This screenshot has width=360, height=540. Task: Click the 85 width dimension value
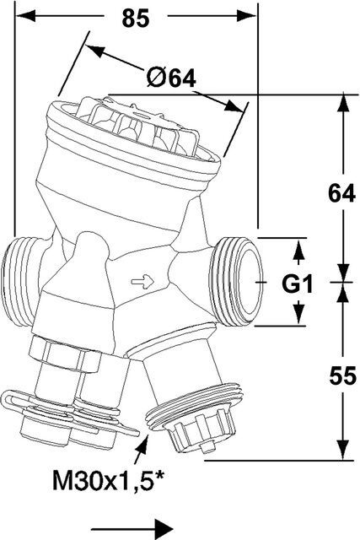pyautogui.click(x=136, y=19)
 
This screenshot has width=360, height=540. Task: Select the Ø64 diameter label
pyautogui.click(x=170, y=78)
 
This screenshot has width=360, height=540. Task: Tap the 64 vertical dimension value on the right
pyautogui.click(x=341, y=193)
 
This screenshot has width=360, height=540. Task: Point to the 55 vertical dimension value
pyautogui.click(x=342, y=375)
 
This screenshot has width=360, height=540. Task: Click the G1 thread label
pyautogui.click(x=297, y=284)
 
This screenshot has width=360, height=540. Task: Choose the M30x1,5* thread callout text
pyautogui.click(x=108, y=481)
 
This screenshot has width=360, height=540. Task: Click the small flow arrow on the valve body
pyautogui.click(x=142, y=282)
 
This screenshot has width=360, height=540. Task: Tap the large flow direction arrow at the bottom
pyautogui.click(x=132, y=528)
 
